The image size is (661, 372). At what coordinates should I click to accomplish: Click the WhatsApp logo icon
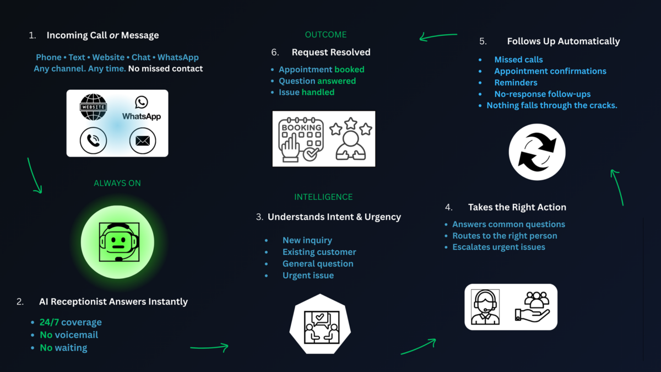tap(142, 103)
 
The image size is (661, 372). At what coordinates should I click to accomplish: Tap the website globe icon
tap(93, 107)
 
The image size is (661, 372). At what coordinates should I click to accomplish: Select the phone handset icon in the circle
tap(93, 141)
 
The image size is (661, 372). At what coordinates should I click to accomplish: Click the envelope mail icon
tap(143, 141)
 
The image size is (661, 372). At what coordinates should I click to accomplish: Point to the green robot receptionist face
tap(118, 242)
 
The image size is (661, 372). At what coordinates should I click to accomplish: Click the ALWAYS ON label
tap(117, 183)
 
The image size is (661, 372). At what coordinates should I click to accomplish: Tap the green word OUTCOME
tap(326, 35)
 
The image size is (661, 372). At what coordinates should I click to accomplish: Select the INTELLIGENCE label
tap(323, 197)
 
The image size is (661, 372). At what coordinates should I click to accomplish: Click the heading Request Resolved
tap(331, 52)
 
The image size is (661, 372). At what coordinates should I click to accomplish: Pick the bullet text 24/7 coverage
tap(71, 322)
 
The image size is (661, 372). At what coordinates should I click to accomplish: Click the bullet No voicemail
tap(69, 335)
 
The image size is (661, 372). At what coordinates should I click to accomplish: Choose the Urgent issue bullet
tap(308, 276)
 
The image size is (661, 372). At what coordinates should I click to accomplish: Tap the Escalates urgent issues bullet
tap(499, 247)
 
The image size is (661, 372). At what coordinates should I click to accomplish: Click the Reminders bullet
tap(516, 83)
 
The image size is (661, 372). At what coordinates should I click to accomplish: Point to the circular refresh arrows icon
tap(537, 152)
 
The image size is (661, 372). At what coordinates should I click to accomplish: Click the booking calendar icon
tap(301, 139)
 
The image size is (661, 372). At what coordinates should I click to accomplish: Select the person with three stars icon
tap(350, 139)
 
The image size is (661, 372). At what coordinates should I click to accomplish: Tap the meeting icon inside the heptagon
tap(320, 327)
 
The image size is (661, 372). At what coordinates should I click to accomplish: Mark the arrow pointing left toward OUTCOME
tap(438, 37)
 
